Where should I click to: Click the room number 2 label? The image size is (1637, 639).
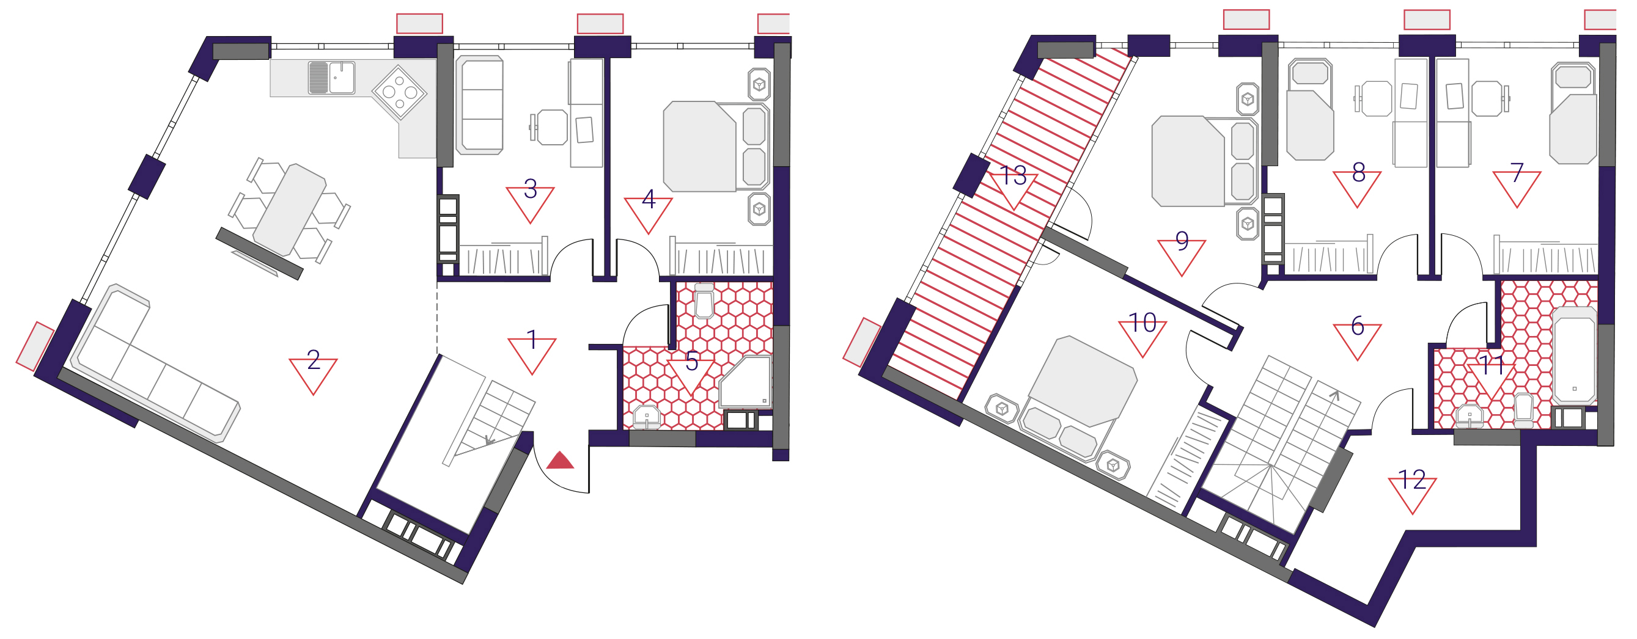(x=314, y=361)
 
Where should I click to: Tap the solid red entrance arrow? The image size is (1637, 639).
(x=560, y=461)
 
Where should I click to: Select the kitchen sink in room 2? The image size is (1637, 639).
(x=331, y=78)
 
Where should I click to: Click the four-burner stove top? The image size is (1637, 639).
(x=399, y=93)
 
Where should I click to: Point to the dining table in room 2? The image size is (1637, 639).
(x=290, y=210)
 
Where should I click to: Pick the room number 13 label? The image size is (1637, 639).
(x=1013, y=175)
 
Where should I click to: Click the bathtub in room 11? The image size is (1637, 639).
(x=1573, y=355)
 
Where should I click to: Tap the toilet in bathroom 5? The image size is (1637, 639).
(x=704, y=301)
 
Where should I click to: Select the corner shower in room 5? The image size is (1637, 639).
(x=745, y=382)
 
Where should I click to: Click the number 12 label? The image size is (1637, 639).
(x=1412, y=480)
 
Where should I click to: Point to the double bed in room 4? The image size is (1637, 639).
(x=716, y=147)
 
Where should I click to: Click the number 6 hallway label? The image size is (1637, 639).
(x=1358, y=326)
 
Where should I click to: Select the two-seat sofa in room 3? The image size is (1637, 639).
(x=480, y=105)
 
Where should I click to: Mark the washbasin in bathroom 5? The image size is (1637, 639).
(x=646, y=416)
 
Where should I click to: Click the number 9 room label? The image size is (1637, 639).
(x=1182, y=241)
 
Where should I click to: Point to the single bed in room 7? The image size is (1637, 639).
(x=1573, y=112)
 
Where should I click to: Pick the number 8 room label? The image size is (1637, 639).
(x=1359, y=172)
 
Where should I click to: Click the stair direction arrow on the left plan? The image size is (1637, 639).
(x=489, y=440)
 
